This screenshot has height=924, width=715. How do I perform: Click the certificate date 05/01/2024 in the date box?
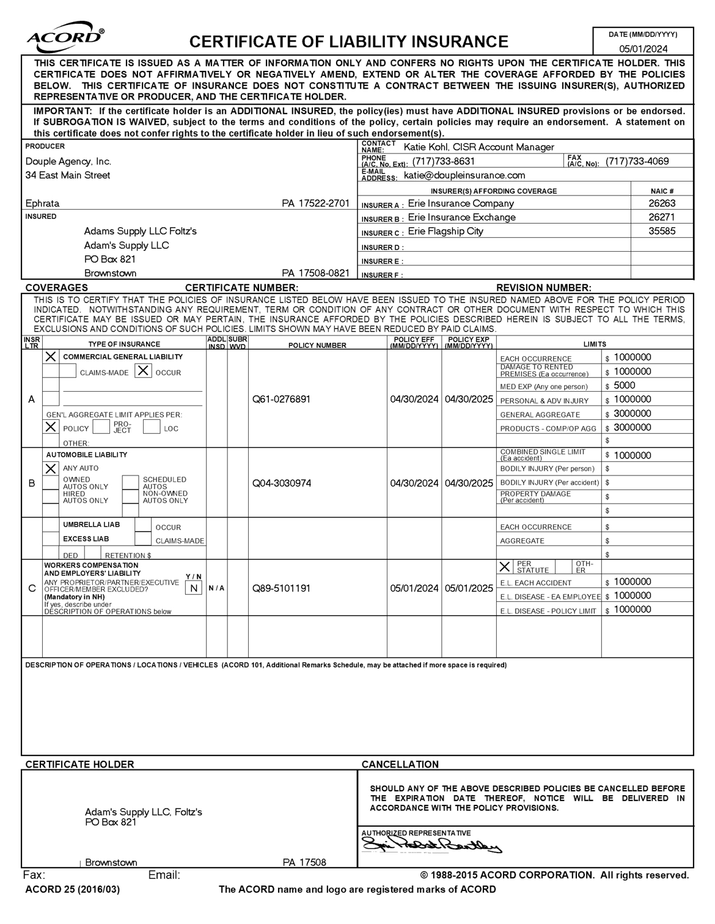[643, 49]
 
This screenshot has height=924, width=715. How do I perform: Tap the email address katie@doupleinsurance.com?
[464, 175]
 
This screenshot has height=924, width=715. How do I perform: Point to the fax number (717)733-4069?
[637, 161]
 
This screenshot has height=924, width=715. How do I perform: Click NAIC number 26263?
[662, 204]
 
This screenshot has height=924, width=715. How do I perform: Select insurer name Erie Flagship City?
[446, 231]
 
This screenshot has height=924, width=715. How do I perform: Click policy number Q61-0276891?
[281, 400]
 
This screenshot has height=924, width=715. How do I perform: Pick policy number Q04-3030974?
[281, 483]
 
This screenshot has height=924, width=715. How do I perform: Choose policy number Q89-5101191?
[281, 588]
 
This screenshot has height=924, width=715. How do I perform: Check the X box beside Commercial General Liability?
[51, 356]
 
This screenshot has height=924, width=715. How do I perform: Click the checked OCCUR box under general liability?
[143, 371]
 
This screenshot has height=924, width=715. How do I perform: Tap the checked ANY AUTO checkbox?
[51, 469]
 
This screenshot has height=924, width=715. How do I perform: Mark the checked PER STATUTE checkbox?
[505, 566]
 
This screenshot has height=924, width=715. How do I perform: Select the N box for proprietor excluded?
[193, 588]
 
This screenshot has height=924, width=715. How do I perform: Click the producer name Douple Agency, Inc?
[68, 161]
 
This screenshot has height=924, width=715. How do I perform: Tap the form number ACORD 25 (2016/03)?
[73, 889]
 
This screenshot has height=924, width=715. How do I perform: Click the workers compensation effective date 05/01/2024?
[414, 588]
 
